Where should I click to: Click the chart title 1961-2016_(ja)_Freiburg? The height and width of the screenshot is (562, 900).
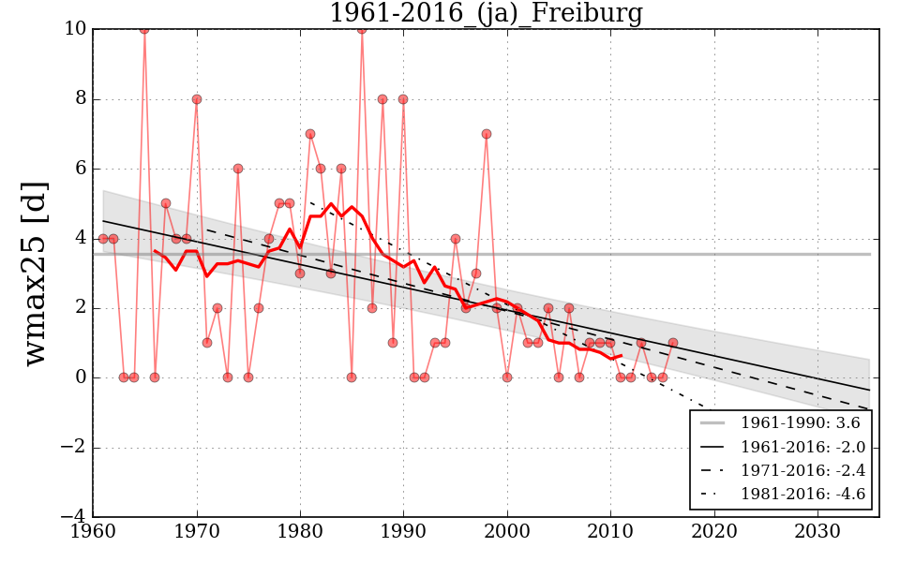(486, 13)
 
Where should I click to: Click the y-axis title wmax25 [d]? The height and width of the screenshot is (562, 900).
(35, 273)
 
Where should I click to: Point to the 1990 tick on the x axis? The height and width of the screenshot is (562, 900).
(404, 530)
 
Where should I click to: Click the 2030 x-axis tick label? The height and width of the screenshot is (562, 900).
(817, 530)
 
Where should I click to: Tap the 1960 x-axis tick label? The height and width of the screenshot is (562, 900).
(94, 530)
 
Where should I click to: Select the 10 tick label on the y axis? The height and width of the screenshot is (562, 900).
(76, 29)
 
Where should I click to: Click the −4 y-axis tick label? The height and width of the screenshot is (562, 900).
(71, 516)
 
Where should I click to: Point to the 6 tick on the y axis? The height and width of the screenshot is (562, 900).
(81, 169)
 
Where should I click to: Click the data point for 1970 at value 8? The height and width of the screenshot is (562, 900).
(197, 99)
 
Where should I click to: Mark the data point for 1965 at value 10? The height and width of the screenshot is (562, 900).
(144, 29)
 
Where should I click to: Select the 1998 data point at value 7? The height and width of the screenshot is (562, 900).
(487, 134)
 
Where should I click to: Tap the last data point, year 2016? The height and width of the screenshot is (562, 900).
(673, 343)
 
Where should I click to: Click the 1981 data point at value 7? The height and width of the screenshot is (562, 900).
(310, 134)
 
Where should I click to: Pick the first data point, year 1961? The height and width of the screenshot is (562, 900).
(103, 238)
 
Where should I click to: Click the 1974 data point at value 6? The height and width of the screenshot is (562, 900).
(238, 169)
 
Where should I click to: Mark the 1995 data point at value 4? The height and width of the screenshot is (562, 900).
(456, 238)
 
